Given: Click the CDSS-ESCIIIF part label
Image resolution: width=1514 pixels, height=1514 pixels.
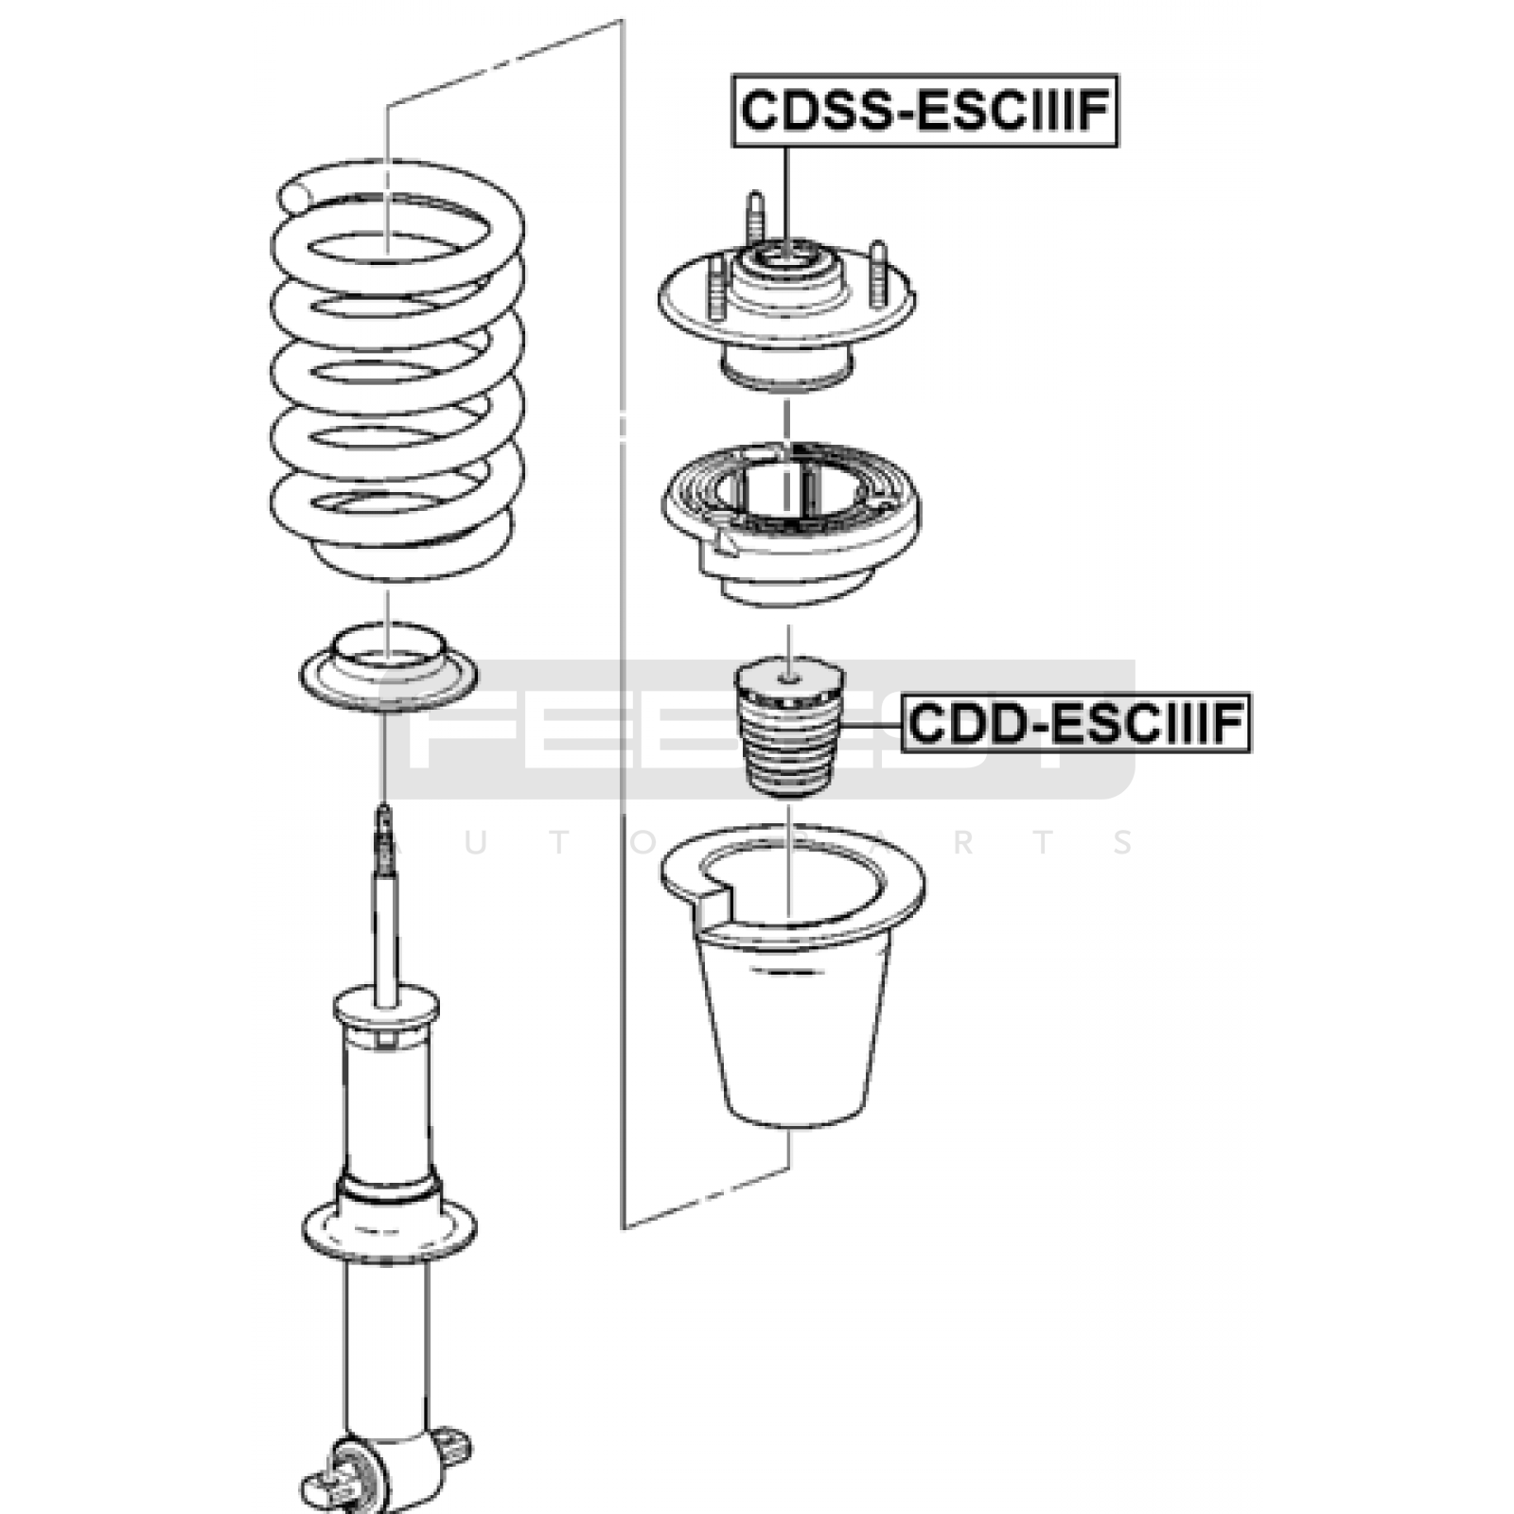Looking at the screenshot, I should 924,111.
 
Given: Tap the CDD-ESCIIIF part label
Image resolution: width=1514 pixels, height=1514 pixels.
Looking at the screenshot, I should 1076,724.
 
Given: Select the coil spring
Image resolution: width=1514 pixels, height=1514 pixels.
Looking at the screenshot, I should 396,378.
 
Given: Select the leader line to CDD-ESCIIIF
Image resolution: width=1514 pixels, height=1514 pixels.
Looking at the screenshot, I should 871,725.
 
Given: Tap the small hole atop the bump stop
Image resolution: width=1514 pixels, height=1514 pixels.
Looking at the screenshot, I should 790,678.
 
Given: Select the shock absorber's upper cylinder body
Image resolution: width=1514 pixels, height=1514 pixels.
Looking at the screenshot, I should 388,1107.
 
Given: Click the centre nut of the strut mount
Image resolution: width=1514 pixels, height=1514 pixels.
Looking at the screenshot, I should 787,256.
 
